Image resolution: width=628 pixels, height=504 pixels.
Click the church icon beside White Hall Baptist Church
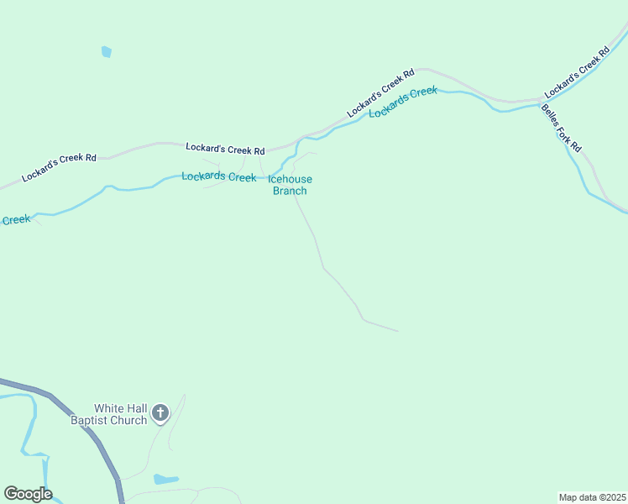click(x=160, y=413)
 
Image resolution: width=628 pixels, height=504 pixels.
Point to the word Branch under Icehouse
click(x=290, y=191)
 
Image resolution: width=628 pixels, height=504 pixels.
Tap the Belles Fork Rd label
click(x=561, y=128)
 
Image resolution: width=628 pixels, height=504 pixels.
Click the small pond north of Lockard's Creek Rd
click(x=106, y=52)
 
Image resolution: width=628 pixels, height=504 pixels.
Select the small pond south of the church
click(x=165, y=480)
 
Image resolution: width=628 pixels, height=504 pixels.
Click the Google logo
click(x=28, y=494)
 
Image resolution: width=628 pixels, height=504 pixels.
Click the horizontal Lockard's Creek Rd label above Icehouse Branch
click(x=225, y=149)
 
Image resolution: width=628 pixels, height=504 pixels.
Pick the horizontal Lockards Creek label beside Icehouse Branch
click(x=219, y=177)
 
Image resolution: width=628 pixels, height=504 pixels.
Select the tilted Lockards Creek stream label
click(x=403, y=101)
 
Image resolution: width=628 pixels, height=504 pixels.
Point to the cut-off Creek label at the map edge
click(x=16, y=220)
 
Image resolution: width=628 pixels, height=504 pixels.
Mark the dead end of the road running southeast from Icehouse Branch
click(x=397, y=331)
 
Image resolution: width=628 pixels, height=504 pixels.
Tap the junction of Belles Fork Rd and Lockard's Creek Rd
click(x=541, y=100)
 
